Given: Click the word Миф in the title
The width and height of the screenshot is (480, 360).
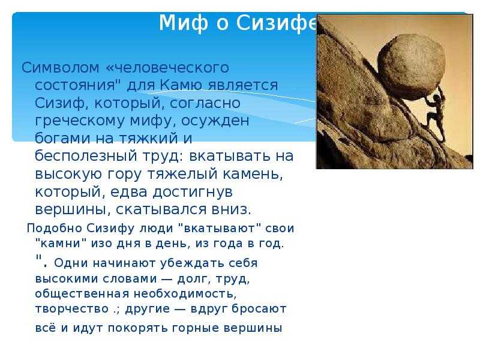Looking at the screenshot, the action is [x=184, y=23].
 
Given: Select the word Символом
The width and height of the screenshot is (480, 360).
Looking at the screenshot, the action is [x=61, y=67].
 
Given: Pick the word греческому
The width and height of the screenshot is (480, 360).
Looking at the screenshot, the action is [x=80, y=121].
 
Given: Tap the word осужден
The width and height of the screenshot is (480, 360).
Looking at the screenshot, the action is [x=215, y=121].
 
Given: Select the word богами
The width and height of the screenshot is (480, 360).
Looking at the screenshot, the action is [x=63, y=138].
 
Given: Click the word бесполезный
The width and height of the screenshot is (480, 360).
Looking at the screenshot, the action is [x=86, y=155].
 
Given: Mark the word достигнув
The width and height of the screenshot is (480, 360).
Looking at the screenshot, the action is [x=193, y=192].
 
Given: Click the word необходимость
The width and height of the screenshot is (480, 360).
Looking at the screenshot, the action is [x=185, y=294].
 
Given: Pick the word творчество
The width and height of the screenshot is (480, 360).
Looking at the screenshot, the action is [x=72, y=308].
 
